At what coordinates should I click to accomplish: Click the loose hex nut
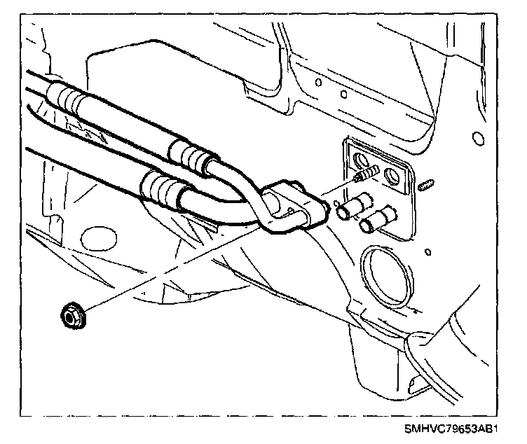tap(71, 314)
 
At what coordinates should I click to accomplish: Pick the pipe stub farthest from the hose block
tap(374, 219)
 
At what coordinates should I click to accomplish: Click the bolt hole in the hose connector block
tap(287, 207)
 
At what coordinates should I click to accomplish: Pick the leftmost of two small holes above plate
tap(320, 82)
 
